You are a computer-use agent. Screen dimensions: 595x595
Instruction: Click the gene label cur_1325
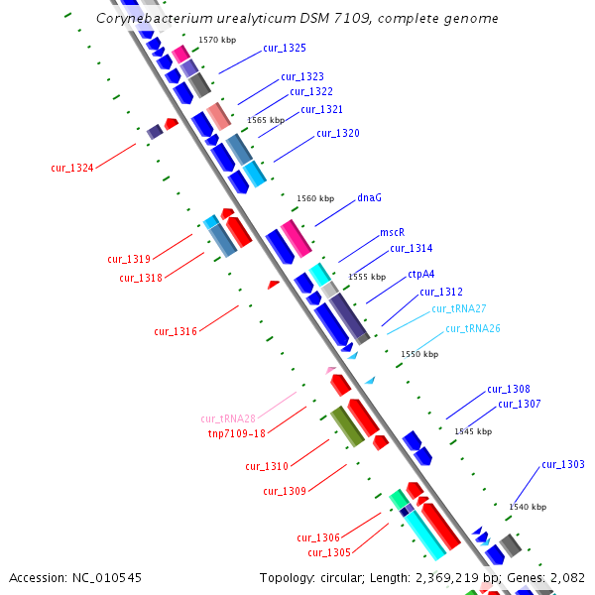(285, 48)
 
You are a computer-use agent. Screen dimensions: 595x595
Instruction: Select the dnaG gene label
(369, 197)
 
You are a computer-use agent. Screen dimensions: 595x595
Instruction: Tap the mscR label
(393, 233)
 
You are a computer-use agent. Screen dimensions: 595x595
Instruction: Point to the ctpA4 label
(421, 274)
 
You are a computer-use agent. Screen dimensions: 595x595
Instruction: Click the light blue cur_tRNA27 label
(458, 309)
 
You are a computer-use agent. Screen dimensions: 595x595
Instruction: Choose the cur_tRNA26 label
(472, 328)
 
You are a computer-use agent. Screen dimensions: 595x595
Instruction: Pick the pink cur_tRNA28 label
(228, 418)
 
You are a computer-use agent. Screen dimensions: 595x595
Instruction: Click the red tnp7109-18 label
(236, 433)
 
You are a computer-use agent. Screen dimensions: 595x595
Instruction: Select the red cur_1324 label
(72, 168)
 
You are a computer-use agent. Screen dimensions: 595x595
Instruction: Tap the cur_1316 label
(176, 331)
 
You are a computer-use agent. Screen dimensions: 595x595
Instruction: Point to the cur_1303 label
(563, 464)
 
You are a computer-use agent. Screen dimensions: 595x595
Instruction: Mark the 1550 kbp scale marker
(419, 354)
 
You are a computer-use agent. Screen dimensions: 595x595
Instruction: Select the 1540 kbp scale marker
(528, 507)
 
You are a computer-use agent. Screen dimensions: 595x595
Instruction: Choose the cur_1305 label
(329, 552)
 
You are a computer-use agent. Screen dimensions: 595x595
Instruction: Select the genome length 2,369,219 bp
(448, 577)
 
